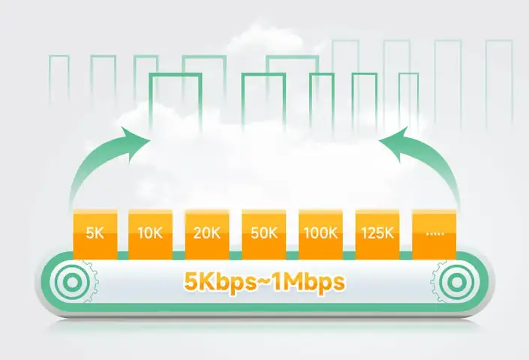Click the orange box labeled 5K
(95, 232)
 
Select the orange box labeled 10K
(151, 232)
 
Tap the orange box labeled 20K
(207, 232)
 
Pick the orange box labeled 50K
(263, 232)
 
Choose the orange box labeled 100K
(320, 232)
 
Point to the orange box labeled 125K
(377, 232)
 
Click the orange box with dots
(434, 232)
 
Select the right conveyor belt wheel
(457, 283)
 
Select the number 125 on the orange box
(372, 232)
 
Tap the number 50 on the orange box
(259, 232)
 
